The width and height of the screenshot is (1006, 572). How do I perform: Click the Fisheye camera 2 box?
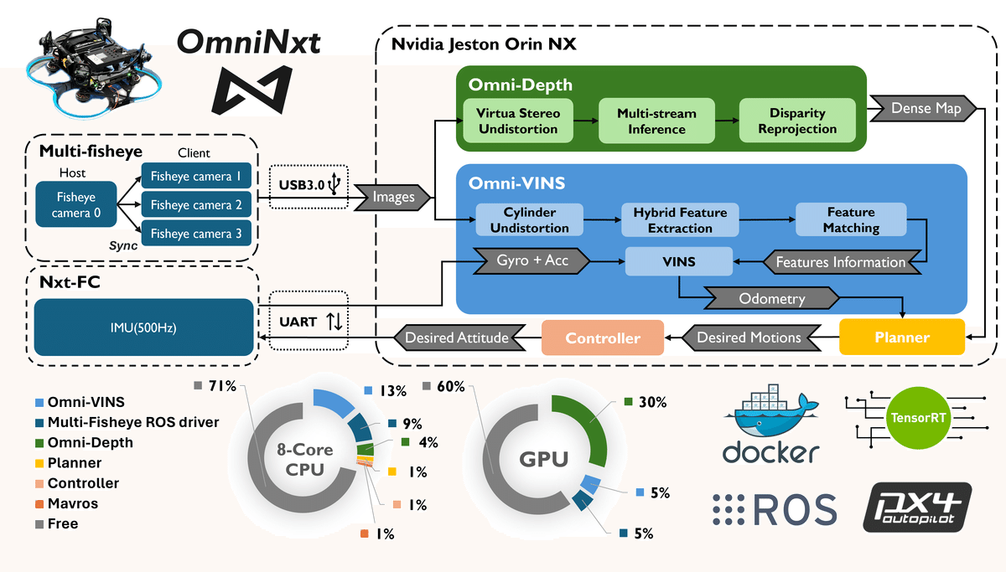coord(196,204)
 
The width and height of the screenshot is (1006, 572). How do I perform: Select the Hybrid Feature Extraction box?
coord(680,219)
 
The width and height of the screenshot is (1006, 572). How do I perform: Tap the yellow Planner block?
coord(902,338)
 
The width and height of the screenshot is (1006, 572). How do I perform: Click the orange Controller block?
coord(603,338)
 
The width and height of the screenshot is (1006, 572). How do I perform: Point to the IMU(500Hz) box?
coord(143,327)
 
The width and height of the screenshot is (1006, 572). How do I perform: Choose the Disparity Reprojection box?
coord(797,121)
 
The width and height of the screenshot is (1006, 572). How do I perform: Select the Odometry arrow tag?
coord(771,298)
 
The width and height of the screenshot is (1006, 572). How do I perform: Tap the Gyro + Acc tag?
coord(532,260)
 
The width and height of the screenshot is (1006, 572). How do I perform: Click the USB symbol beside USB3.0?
coord(334,183)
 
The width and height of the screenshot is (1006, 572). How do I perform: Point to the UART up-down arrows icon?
coord(334,322)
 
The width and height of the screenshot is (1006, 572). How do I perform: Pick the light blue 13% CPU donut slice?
coord(333,403)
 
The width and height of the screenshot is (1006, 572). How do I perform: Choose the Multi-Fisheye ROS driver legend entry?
coord(127,422)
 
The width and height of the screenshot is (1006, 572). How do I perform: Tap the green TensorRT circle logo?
coord(918,418)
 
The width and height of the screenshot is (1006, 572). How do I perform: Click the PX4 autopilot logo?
coord(917,508)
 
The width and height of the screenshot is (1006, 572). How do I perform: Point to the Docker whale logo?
coord(771,424)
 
